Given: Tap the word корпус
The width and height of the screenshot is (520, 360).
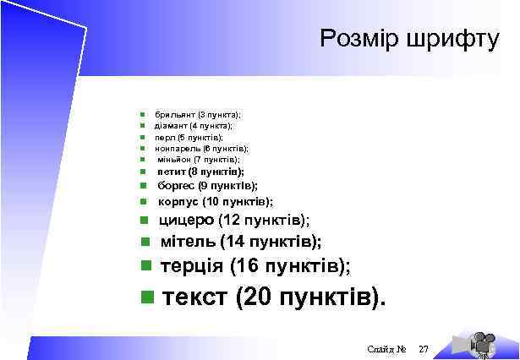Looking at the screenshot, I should tap(177, 202).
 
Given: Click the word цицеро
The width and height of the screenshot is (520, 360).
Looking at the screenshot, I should tap(186, 221).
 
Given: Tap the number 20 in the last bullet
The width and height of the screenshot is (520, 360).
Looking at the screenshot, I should tap(257, 297).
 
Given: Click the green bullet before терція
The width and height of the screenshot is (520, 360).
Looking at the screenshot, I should tap(145, 265).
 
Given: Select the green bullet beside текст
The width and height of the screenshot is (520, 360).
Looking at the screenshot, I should tap(148, 297).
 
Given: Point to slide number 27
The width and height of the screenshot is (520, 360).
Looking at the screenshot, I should tap(424, 349).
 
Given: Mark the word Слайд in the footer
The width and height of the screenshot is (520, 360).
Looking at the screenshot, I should tap(380, 349).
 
